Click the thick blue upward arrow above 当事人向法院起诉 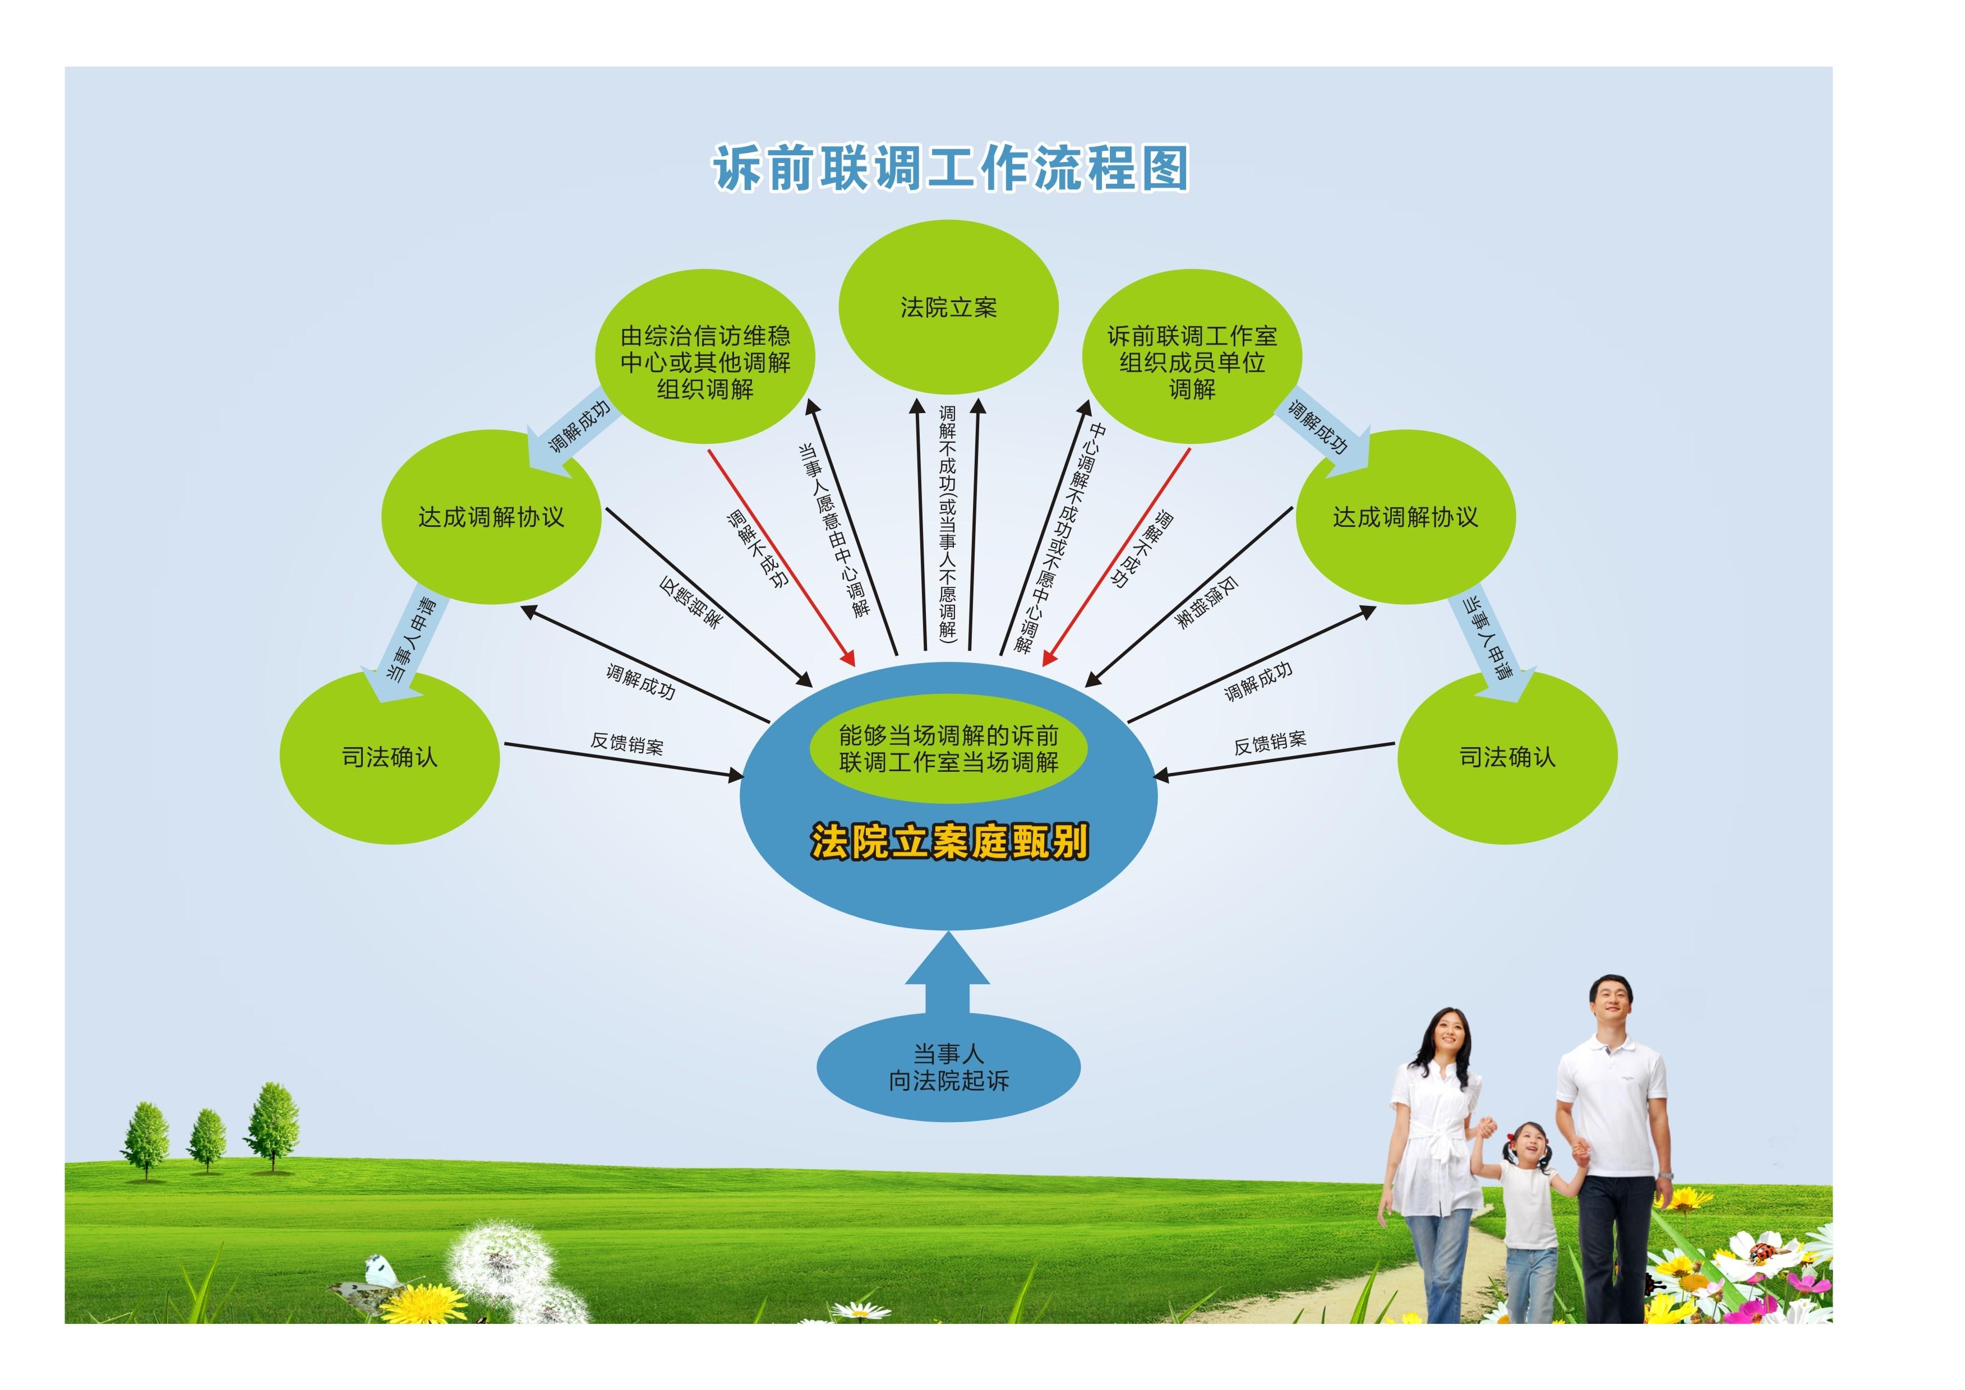pyautogui.click(x=948, y=973)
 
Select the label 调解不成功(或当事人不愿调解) pyautogui.click(x=948, y=523)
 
